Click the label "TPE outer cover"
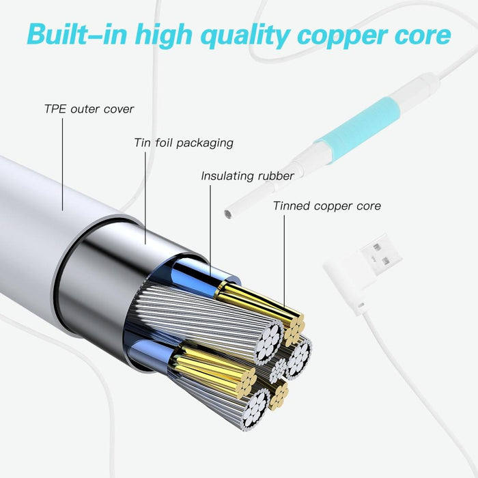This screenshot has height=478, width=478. (x=89, y=109)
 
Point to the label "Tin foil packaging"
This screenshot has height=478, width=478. (x=183, y=143)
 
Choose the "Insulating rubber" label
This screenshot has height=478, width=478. (x=247, y=175)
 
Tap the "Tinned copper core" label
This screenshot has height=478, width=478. (x=326, y=206)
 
